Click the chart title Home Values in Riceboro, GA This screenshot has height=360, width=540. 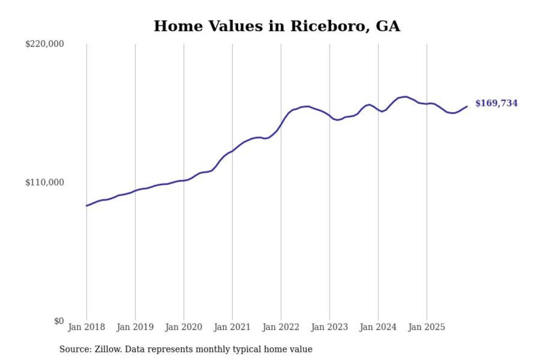(x=277, y=26)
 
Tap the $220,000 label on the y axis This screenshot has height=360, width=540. (x=45, y=44)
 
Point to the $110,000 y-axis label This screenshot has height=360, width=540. (x=45, y=183)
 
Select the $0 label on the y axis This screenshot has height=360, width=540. (x=59, y=321)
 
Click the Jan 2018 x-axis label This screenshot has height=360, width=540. (x=87, y=327)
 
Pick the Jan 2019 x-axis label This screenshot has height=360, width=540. (x=135, y=327)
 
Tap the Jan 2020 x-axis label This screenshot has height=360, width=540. (x=184, y=327)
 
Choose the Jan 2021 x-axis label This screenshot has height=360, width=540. (x=232, y=327)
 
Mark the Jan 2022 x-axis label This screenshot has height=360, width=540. (x=281, y=327)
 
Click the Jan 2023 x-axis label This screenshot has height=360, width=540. (x=330, y=327)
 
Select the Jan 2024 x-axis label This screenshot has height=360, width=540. (x=378, y=327)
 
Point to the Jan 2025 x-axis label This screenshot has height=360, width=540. (x=427, y=327)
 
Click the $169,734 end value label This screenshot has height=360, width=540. (x=496, y=103)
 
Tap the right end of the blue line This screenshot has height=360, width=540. (x=467, y=106)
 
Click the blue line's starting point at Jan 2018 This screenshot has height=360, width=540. (x=87, y=205)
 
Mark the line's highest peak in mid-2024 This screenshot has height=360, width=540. (x=406, y=97)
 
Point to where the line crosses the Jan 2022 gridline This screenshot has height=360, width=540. (x=281, y=124)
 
